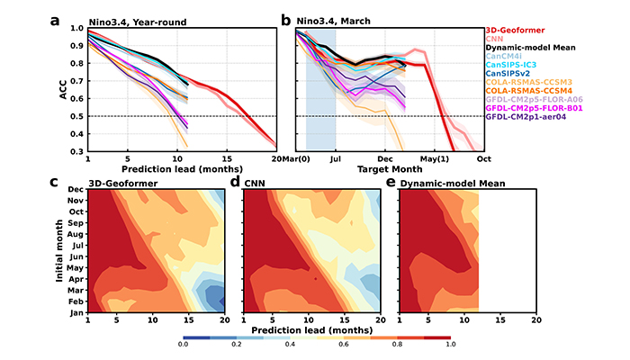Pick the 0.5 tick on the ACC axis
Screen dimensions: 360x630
76,117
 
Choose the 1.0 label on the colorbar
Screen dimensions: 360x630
448,344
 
